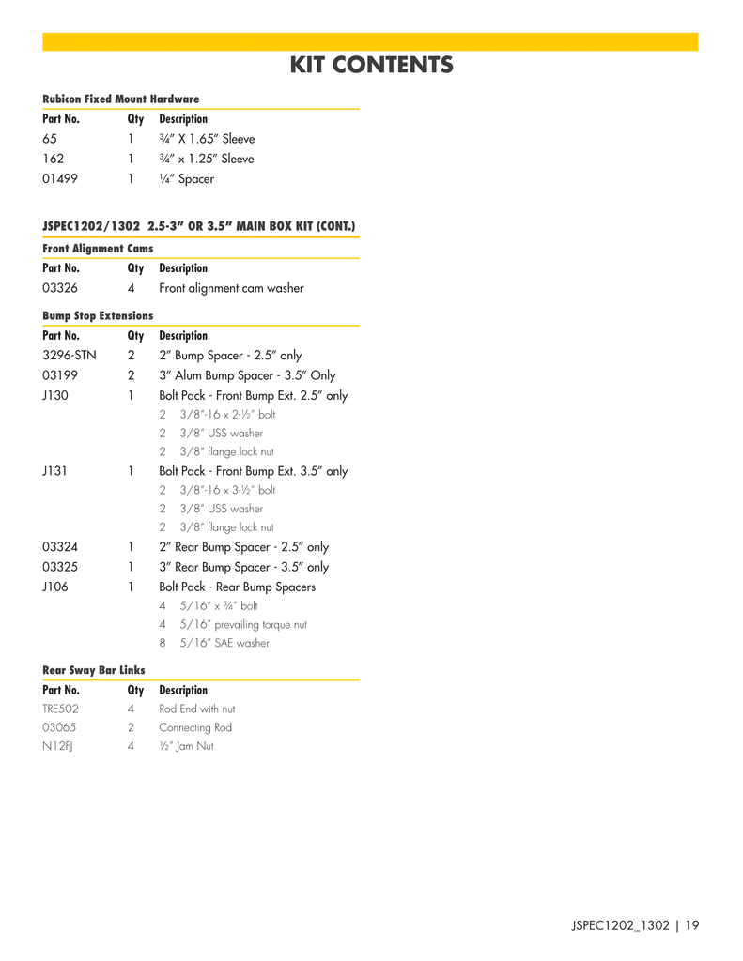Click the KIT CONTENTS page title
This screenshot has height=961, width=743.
pos(371,65)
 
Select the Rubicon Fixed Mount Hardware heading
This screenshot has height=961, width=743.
pos(121,99)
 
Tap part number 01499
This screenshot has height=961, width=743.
pos(61,179)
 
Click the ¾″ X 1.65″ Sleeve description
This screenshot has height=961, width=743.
pos(207,139)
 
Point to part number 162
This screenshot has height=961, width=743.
pos(54,159)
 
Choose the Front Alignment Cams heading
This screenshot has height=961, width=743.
pos(98,249)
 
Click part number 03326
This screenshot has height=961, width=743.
pos(60,288)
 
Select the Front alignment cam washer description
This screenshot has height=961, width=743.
pos(231,288)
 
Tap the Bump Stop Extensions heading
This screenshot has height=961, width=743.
pos(98,316)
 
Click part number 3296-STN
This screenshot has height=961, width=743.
pos(69,356)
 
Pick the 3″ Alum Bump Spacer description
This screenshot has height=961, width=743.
pos(247,375)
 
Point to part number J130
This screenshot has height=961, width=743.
pos(54,396)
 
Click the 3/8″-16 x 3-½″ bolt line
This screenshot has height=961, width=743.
pos(227,490)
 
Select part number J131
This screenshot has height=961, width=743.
pos(54,471)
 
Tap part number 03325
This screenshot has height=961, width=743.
pos(60,567)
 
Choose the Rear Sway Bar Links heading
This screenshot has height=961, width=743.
pos(94,670)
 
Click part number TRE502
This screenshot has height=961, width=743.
pos(60,709)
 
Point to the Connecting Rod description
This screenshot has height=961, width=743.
pos(195,727)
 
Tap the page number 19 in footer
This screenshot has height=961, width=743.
pos(692,926)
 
